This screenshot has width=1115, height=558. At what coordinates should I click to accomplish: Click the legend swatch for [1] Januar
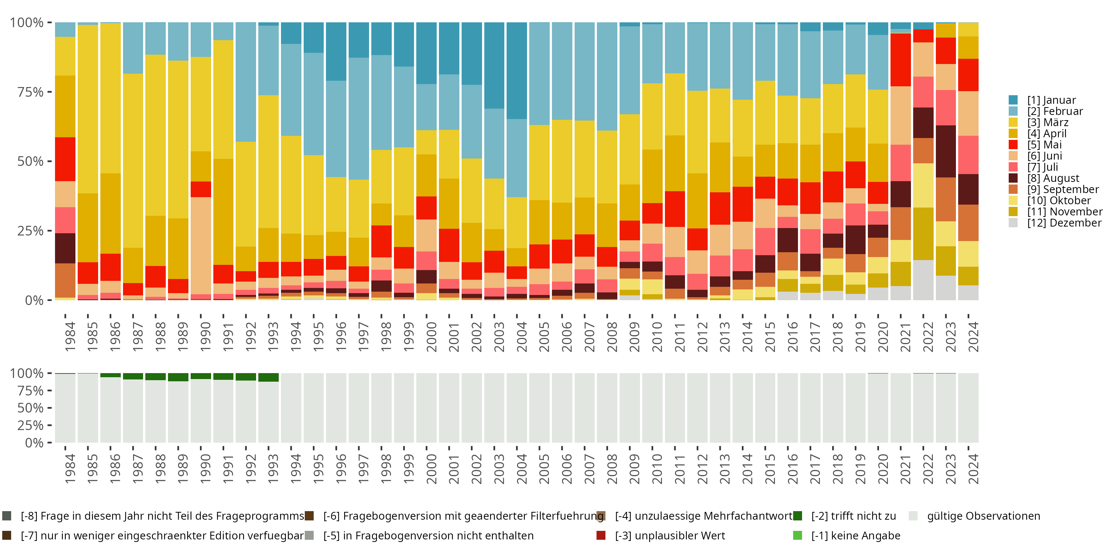[x=1013, y=100]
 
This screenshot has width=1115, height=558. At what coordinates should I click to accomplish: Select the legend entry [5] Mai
[x=1044, y=145]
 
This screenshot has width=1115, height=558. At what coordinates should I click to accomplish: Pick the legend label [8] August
[x=1053, y=178]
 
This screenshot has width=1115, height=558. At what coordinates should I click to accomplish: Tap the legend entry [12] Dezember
[x=1064, y=223]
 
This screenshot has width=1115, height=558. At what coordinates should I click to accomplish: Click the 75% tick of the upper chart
[x=30, y=92]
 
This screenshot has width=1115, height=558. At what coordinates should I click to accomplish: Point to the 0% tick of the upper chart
[x=34, y=300]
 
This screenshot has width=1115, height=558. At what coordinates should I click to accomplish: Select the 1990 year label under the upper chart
[x=206, y=337]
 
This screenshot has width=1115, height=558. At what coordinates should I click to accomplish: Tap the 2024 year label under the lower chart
[x=973, y=469]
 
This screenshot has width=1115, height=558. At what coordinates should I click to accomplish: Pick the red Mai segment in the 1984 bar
[x=65, y=159]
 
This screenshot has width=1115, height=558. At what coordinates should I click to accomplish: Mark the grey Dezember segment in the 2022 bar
[x=923, y=280]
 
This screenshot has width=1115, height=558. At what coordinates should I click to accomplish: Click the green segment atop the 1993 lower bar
[x=268, y=377]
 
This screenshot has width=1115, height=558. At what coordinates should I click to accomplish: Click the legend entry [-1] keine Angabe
[x=855, y=535]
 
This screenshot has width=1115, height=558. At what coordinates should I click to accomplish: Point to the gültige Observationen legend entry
[x=983, y=516]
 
